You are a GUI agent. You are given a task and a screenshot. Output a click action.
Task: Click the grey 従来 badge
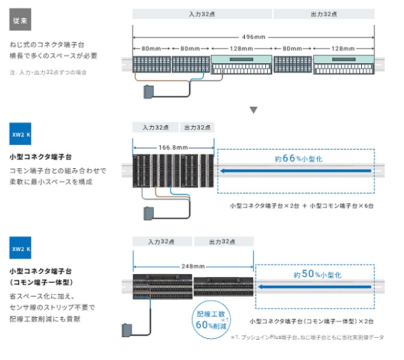tap(21, 21)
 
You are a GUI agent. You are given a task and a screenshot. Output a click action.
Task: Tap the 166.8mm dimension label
tap(174, 147)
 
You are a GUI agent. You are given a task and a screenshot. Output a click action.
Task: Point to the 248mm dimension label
tap(193, 265)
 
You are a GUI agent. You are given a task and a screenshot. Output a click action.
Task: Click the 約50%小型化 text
tap(317, 274)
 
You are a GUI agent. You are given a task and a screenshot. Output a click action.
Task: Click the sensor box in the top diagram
tap(148, 92)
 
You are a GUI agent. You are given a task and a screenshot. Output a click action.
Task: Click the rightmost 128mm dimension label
tap(343, 48)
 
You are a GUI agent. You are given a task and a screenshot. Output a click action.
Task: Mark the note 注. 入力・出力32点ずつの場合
tap(48, 72)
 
